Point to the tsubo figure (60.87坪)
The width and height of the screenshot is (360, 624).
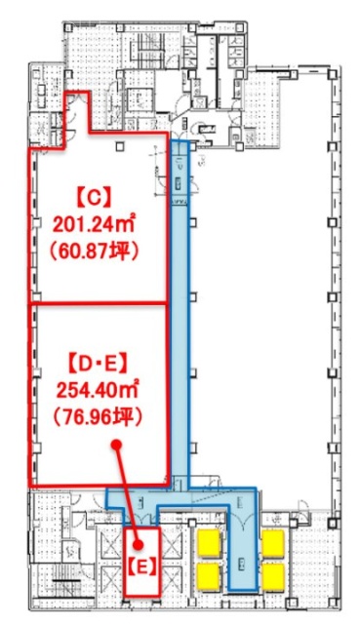tap(95, 251)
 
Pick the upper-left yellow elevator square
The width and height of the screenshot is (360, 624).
tap(208, 541)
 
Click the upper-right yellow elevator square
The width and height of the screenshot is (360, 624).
tap(272, 541)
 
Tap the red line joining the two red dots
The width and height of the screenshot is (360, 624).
tap(128, 492)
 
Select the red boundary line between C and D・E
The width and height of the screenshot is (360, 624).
tap(98, 303)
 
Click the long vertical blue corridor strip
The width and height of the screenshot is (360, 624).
tap(180, 312)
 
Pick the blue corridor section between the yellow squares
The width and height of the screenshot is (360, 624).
tap(240, 556)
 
